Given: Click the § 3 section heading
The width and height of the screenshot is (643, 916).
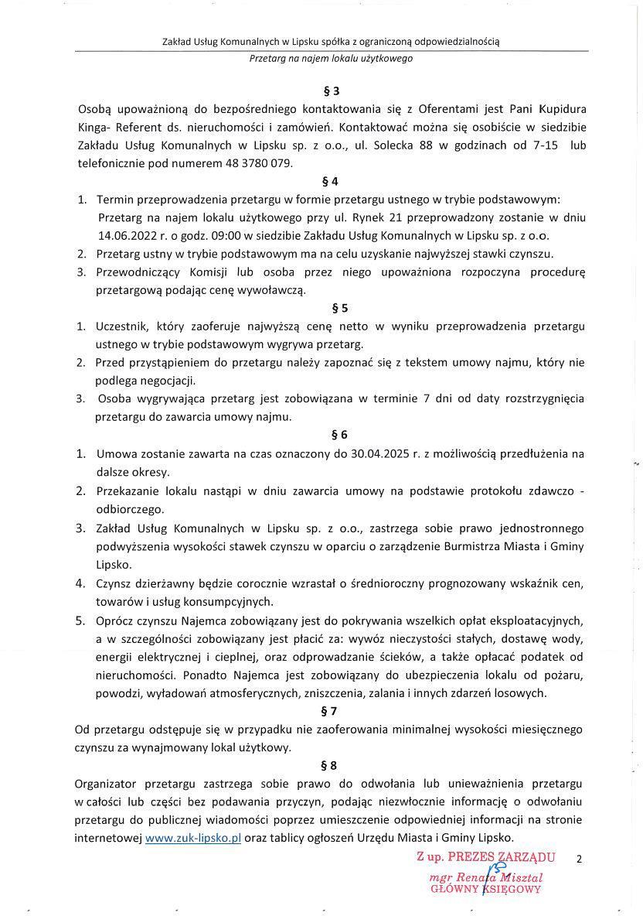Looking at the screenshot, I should coord(331,91).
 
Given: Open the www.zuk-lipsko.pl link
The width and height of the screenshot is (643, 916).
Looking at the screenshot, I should coord(193,838).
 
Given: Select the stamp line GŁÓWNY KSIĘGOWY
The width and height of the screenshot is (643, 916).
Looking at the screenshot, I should coord(485,890).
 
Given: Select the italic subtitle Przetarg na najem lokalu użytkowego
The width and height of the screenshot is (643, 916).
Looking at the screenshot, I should coord(331,58).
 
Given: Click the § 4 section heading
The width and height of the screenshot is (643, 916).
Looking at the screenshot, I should coord(331,182).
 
